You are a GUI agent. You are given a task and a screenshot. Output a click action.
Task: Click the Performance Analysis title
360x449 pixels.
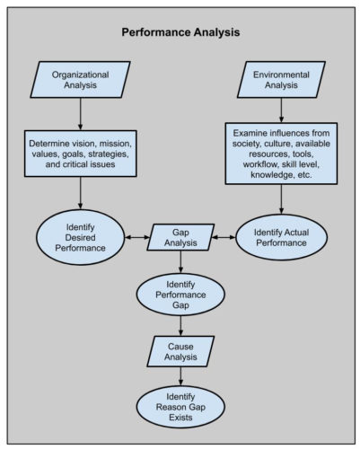(181, 33)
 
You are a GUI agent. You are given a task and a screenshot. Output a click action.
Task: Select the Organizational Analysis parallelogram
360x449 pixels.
(80, 80)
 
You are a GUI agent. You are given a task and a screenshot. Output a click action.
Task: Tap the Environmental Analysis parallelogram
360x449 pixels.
(282, 80)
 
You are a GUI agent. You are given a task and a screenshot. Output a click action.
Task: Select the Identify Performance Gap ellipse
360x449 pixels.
(181, 292)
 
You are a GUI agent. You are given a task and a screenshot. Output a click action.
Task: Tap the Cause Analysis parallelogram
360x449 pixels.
(181, 349)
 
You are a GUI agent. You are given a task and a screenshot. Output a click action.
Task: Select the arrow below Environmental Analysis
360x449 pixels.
(282, 110)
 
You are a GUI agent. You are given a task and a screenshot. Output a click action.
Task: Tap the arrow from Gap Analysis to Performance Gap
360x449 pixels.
(181, 262)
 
